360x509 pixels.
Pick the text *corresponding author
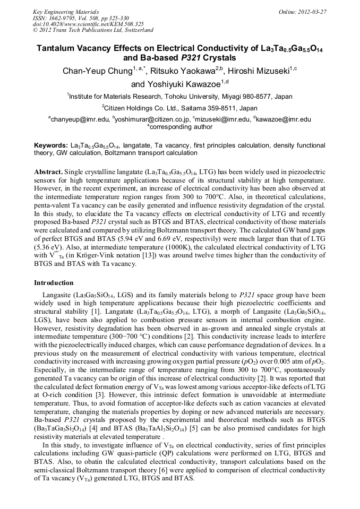click(179, 127)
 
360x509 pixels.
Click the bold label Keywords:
click(50, 145)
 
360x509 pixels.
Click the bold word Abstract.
click(49, 172)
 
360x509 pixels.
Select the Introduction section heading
click(54, 283)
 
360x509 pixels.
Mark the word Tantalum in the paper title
click(56, 48)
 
